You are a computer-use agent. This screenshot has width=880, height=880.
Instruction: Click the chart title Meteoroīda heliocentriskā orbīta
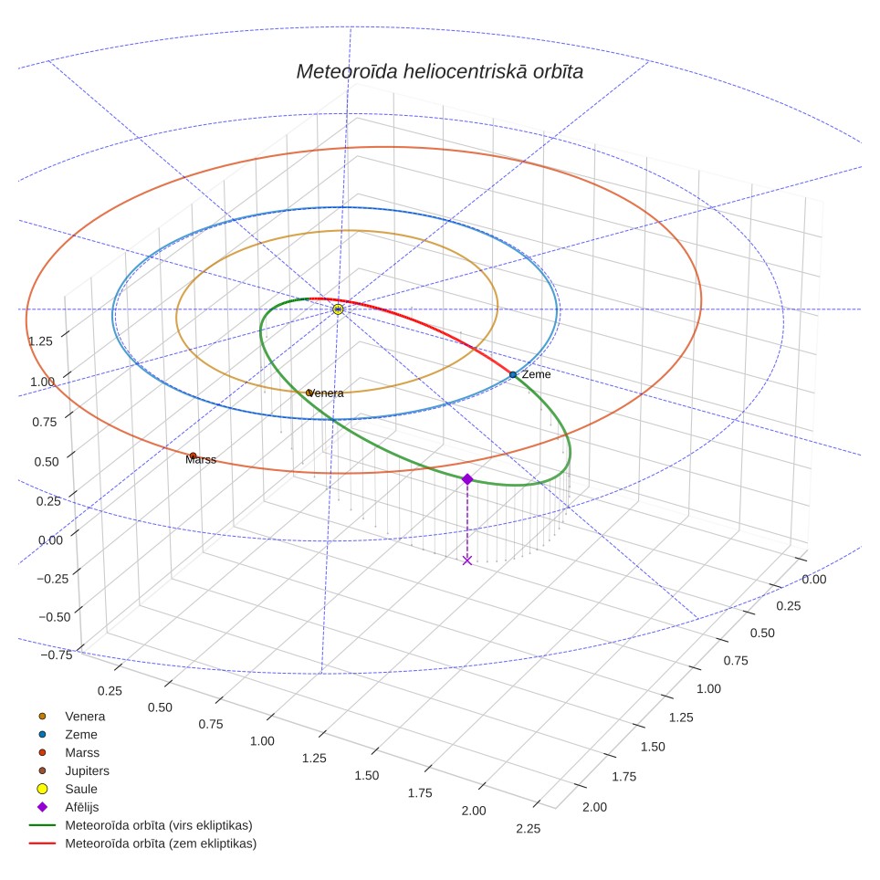[439, 71]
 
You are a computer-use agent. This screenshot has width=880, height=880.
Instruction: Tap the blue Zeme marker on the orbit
[513, 374]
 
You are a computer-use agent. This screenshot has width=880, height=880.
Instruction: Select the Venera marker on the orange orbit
[309, 393]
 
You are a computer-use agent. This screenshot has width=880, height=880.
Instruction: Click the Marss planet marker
[193, 456]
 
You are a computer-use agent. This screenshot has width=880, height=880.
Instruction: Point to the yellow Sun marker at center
[338, 309]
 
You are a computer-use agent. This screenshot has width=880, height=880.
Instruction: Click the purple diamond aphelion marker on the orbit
[467, 478]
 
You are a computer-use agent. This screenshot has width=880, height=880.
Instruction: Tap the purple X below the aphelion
[467, 560]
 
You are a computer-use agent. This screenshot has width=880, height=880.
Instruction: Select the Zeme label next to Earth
[536, 374]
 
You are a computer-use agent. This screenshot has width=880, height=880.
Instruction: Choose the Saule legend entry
[67, 789]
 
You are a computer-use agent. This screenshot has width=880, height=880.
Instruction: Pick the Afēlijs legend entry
[68, 807]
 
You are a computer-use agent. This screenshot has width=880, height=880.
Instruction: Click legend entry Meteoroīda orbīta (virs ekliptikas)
[141, 825]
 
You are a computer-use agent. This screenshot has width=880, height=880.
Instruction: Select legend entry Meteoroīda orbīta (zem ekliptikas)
[142, 843]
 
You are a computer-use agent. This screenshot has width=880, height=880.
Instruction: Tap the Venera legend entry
[71, 716]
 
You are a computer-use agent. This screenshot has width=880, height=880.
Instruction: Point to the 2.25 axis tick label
[529, 828]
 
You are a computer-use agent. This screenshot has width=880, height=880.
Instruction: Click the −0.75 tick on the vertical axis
[57, 655]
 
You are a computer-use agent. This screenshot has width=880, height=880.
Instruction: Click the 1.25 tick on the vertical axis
[40, 341]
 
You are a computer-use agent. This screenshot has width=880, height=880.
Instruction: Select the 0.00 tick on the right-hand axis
[813, 579]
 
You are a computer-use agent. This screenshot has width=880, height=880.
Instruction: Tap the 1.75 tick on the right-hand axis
[624, 777]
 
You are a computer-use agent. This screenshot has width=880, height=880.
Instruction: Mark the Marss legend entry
[68, 752]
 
